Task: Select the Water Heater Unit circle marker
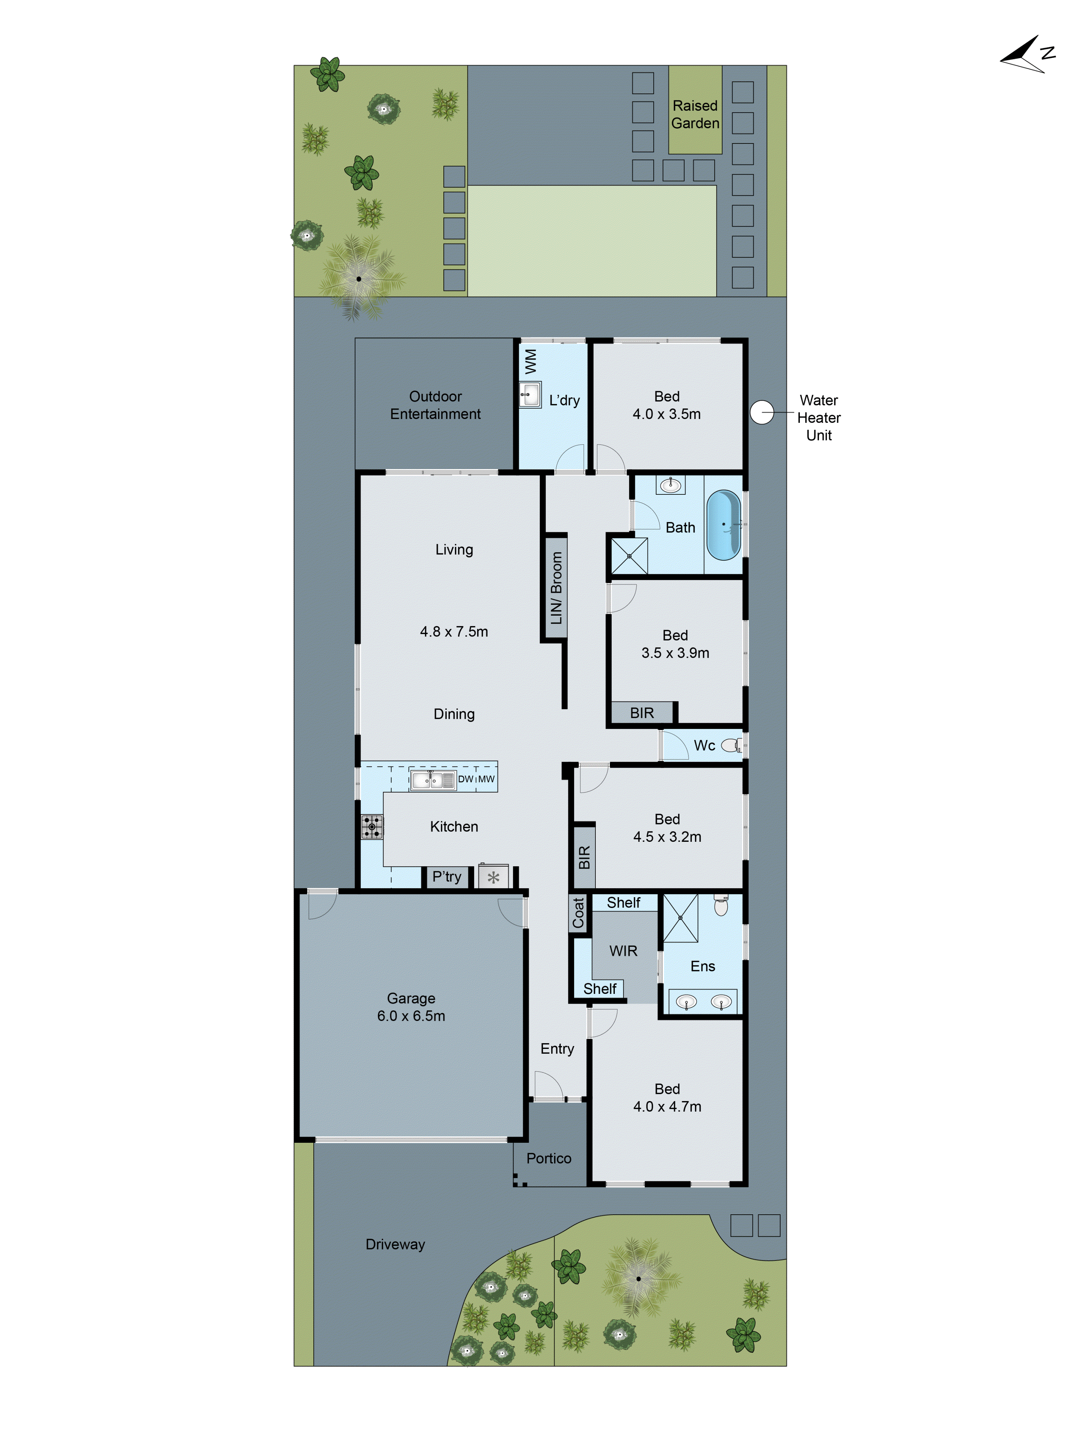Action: click(761, 412)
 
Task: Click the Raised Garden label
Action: click(695, 114)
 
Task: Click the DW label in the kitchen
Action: click(465, 779)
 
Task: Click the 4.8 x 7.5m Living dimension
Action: click(453, 631)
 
